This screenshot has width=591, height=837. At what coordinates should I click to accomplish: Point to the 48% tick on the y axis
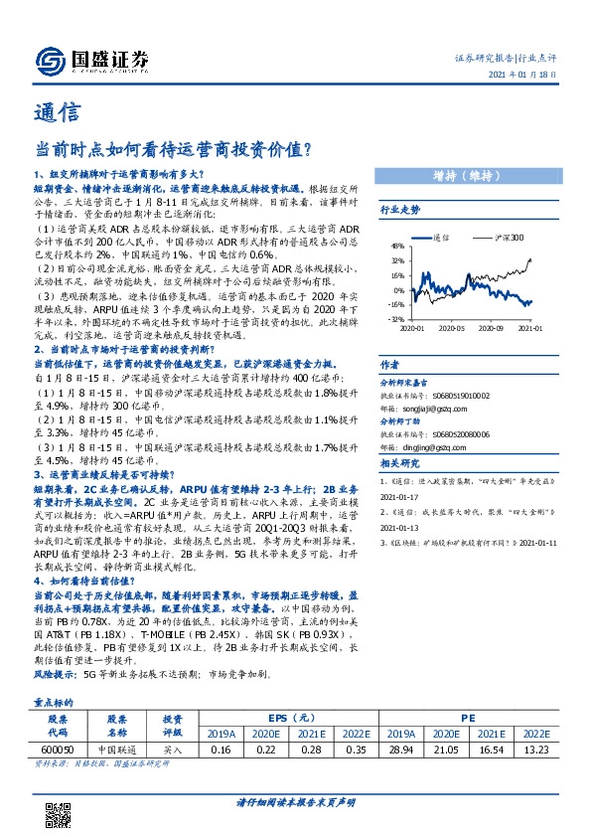(396, 246)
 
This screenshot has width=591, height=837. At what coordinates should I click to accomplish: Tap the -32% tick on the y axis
(395, 319)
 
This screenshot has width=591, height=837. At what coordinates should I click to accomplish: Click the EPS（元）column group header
(285, 717)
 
